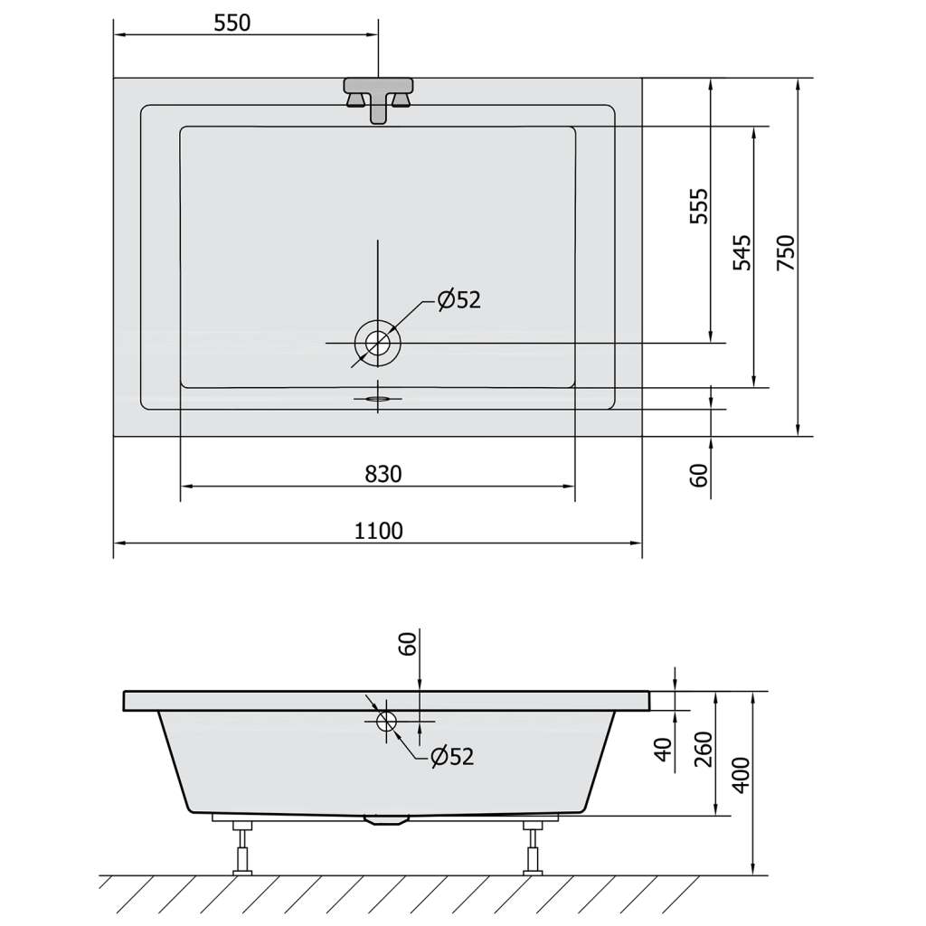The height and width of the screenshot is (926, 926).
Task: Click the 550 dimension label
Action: pos(232,23)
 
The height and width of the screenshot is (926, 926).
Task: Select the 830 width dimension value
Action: pos(383,474)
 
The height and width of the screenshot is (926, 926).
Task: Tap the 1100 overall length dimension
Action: pos(379,531)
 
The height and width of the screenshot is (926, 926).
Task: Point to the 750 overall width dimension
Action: pos(786,253)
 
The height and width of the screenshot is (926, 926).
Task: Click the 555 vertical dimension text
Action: pos(699,206)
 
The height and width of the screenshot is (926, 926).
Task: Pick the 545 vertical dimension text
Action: pos(742,253)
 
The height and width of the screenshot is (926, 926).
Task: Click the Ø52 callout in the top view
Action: pos(458,300)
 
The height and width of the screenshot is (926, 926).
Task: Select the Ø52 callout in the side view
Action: pos(452,757)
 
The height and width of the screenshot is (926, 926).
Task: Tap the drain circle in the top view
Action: pos(378,343)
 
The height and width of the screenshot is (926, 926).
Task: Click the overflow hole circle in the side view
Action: pos(387,721)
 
